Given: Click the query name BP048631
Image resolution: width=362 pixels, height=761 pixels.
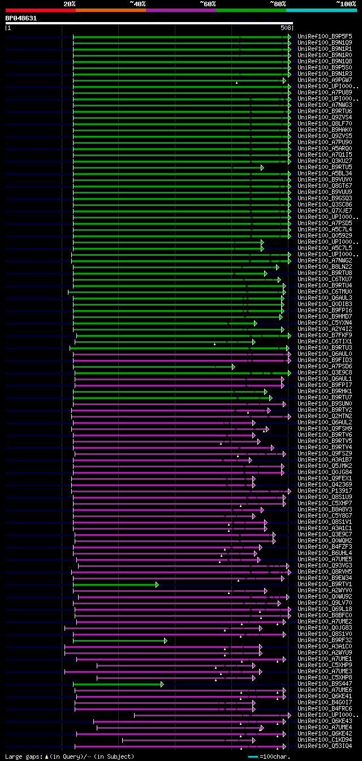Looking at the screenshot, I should (21, 18).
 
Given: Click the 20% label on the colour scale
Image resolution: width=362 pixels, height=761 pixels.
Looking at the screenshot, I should (70, 4).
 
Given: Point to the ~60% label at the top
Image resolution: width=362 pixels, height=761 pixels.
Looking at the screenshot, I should (208, 4).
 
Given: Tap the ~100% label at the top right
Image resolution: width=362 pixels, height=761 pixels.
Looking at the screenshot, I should (346, 4).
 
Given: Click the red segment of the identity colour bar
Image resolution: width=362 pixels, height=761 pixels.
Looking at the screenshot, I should (40, 10).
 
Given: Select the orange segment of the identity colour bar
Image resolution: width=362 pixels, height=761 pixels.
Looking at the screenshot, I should (110, 10).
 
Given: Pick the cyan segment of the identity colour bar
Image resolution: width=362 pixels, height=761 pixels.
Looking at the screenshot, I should (321, 10).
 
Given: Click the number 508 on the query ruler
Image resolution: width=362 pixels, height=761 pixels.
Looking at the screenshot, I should (285, 27).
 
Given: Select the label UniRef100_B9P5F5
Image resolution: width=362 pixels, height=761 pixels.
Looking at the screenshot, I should (325, 36).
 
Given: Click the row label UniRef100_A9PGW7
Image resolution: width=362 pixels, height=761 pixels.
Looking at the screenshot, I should (325, 80).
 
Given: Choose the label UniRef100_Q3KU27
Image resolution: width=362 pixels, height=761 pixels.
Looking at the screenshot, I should (325, 161).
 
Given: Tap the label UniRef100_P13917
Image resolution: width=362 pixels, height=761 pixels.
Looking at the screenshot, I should (325, 491).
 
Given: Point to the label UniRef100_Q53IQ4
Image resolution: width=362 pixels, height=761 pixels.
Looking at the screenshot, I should (325, 746).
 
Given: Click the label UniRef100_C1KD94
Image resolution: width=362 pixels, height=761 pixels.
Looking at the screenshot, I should (325, 739).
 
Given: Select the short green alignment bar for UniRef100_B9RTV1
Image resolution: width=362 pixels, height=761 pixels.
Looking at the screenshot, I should (115, 584).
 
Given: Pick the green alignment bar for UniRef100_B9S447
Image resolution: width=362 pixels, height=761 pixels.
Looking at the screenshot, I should (117, 684).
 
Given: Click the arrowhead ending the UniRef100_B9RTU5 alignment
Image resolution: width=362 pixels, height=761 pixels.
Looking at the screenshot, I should (262, 167).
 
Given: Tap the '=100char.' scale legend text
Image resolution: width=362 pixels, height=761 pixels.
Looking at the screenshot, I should (272, 756).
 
